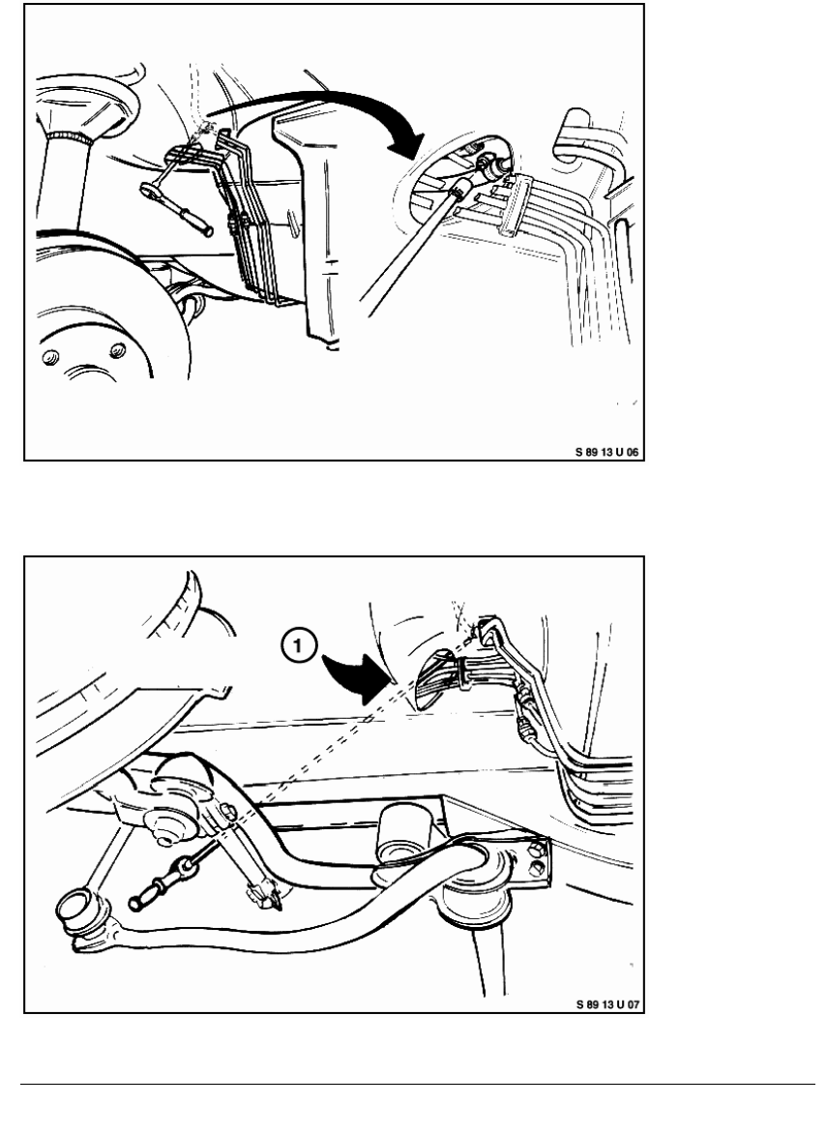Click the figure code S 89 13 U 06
pyautogui.click(x=607, y=452)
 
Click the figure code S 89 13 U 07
pyautogui.click(x=607, y=1004)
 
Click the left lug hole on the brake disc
pyautogui.click(x=50, y=358)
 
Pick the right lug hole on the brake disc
pyautogui.click(x=117, y=350)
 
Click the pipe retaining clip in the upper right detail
pyautogui.click(x=512, y=205)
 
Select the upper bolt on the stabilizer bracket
pyautogui.click(x=536, y=850)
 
